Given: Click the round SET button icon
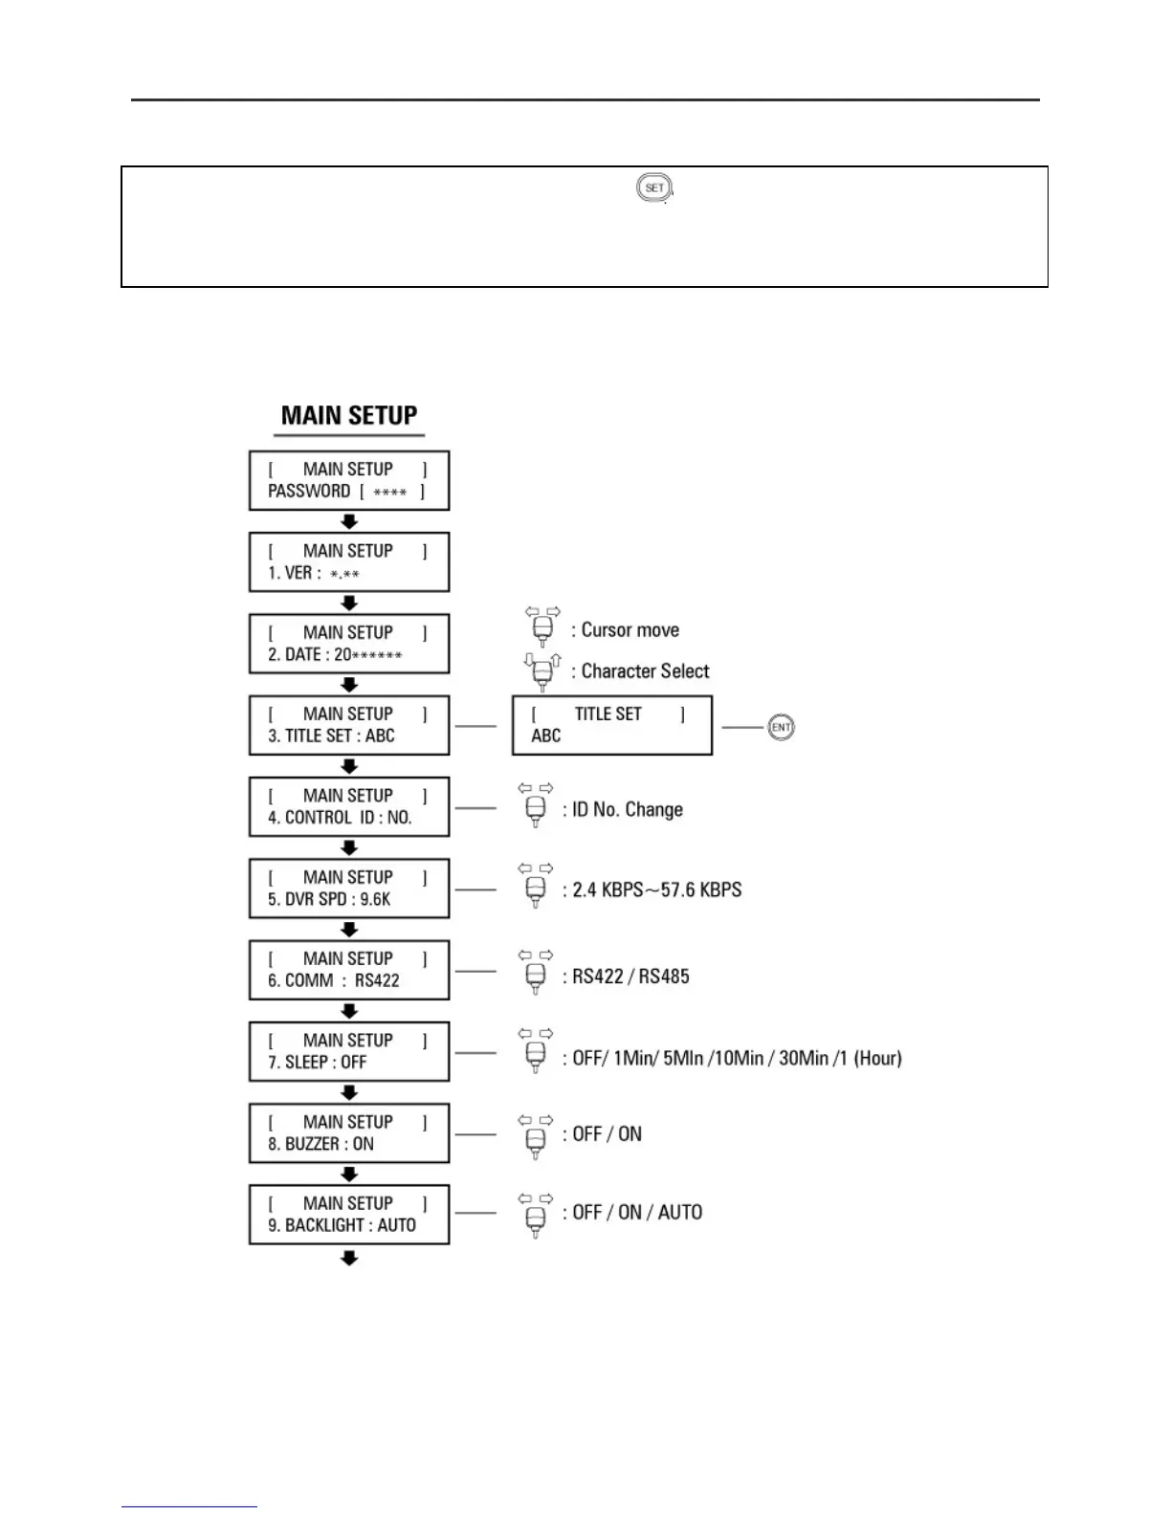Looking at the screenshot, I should tap(654, 187).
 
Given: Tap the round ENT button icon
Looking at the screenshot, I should tap(781, 727).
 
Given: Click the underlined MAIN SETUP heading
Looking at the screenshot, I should tap(349, 416).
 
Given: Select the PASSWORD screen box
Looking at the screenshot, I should tap(349, 480).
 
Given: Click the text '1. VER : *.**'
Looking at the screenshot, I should tap(314, 573).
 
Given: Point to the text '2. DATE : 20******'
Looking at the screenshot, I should tap(334, 655).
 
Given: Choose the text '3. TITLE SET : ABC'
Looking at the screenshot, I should tap(331, 736).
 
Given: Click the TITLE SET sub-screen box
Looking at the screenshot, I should tap(612, 726).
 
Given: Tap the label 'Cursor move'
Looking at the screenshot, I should tap(630, 630).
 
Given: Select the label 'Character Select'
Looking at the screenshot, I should tap(646, 671).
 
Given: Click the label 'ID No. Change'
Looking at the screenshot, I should tap(628, 810).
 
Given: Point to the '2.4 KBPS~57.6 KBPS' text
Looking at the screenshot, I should tap(657, 890).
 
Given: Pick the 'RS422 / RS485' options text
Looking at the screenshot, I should tap(630, 977).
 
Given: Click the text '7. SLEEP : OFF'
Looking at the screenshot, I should tap(318, 1063).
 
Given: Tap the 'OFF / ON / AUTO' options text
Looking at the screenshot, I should tap(637, 1213).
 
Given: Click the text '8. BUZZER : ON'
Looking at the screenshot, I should tap(320, 1144).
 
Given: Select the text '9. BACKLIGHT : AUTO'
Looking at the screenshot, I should tap(342, 1226).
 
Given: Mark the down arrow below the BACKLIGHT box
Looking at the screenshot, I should tap(349, 1259).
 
